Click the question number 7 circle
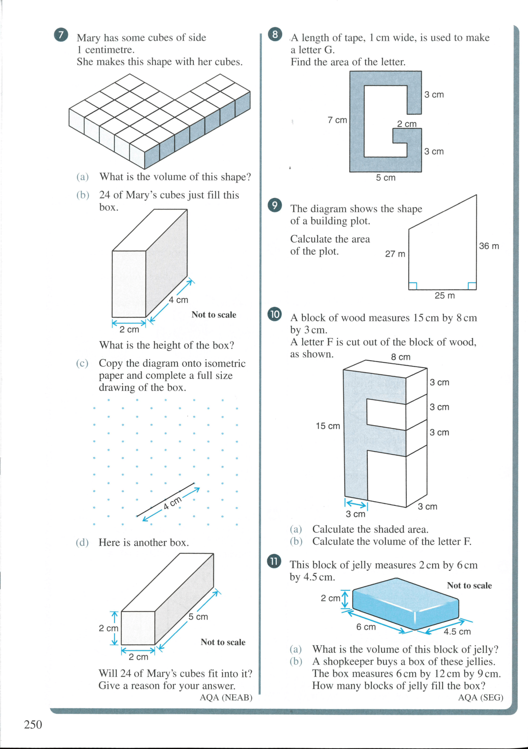[61, 35]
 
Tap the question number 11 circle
[274, 561]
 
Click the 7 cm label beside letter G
[337, 120]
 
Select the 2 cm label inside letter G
[407, 124]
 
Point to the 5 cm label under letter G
[385, 178]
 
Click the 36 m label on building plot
[489, 246]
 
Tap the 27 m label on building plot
[395, 254]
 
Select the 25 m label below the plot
[444, 296]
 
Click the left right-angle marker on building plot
[413, 286]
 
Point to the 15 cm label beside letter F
[328, 426]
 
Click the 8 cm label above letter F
[401, 357]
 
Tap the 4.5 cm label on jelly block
[457, 632]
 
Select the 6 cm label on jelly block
[366, 627]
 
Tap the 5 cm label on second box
[198, 617]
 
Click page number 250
[33, 724]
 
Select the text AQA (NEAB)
[226, 697]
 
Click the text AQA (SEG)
[480, 697]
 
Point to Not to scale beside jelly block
[469, 585]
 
